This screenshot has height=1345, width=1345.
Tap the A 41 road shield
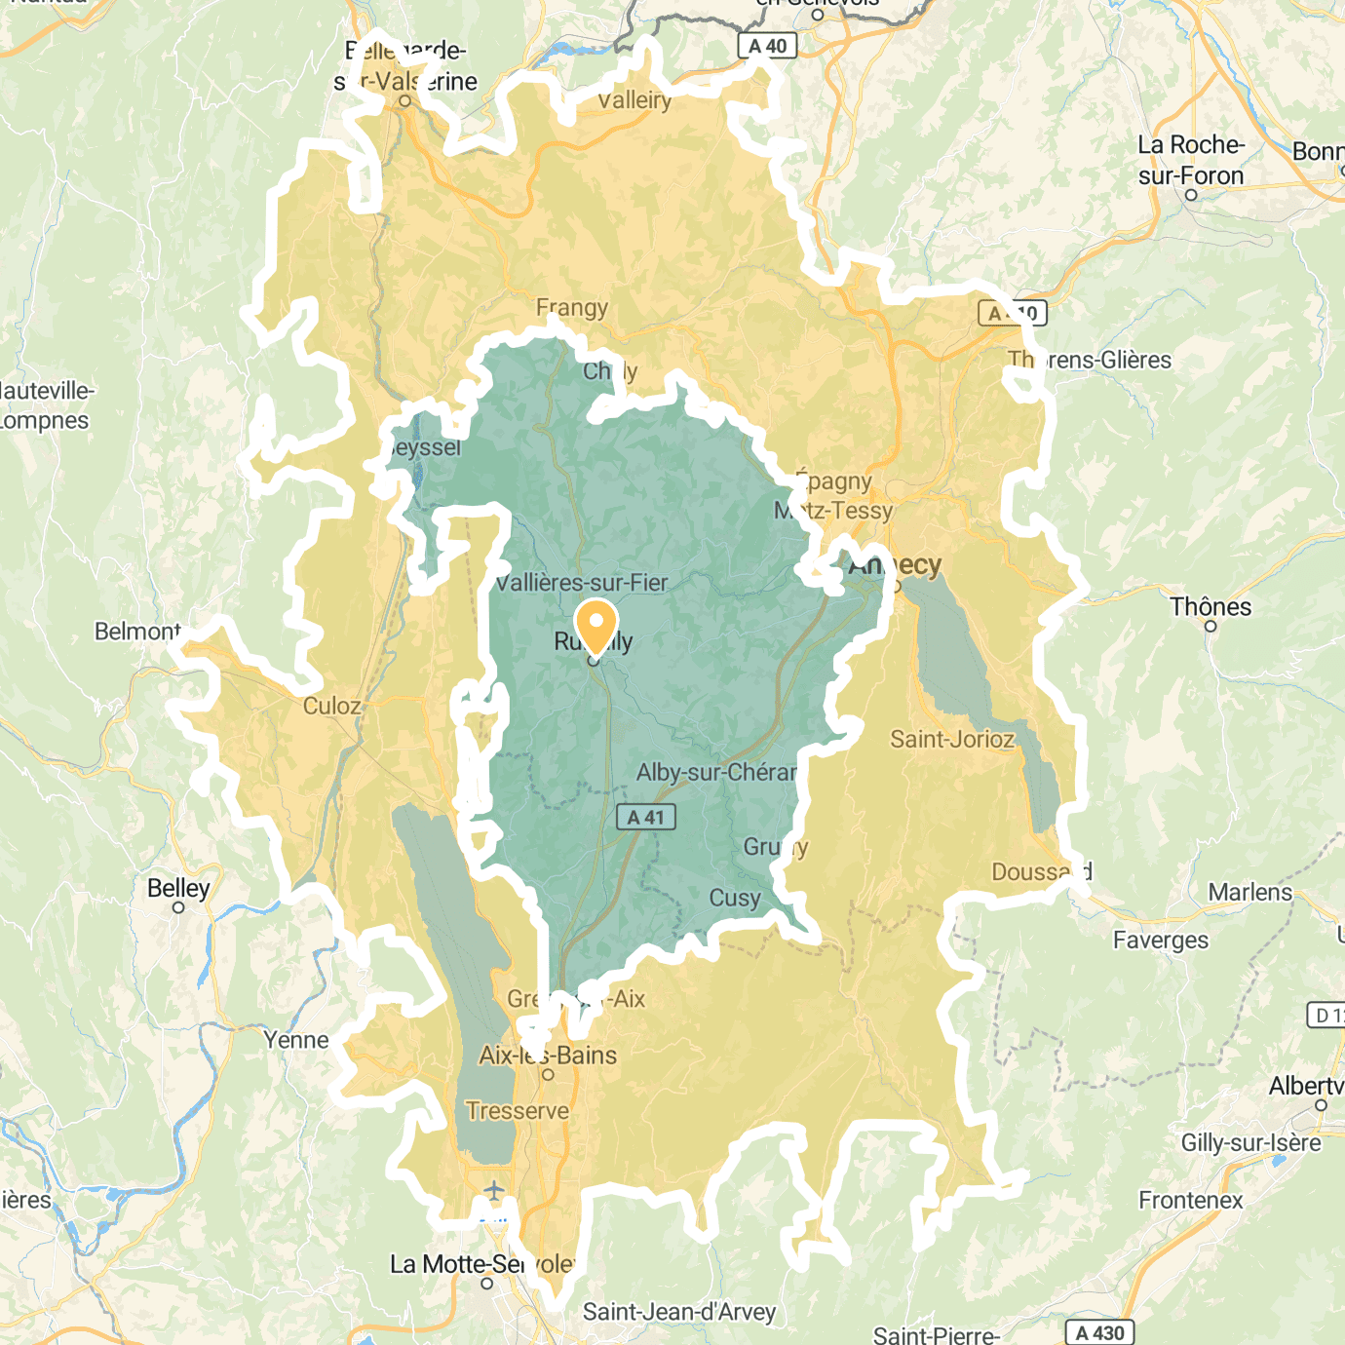pos(645,817)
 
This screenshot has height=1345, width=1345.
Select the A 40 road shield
pos(767,46)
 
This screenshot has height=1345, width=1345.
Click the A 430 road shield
pos(1100,1332)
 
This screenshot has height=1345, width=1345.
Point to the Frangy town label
pos(572,308)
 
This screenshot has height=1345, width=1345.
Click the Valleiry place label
pos(634,100)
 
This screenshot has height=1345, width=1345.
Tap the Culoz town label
pos(331,706)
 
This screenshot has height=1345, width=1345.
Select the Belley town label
pos(178,888)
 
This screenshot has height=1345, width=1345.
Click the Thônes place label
pos(1210,607)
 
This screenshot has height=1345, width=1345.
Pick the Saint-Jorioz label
pos(952,740)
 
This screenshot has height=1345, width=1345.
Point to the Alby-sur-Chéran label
pos(716,772)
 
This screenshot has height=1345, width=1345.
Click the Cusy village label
pos(735,898)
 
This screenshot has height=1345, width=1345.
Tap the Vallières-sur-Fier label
pos(582,583)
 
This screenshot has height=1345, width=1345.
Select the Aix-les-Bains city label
pos(548,1056)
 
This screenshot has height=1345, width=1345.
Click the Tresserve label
pos(518,1111)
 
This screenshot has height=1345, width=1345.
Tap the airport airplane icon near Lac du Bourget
pos(494,1190)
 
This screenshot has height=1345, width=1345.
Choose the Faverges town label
pos(1161,941)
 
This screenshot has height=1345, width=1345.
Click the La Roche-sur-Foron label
pos(1191,161)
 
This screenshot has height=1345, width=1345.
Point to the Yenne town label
pos(296,1040)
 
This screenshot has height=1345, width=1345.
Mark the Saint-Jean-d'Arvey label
pos(679,1312)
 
